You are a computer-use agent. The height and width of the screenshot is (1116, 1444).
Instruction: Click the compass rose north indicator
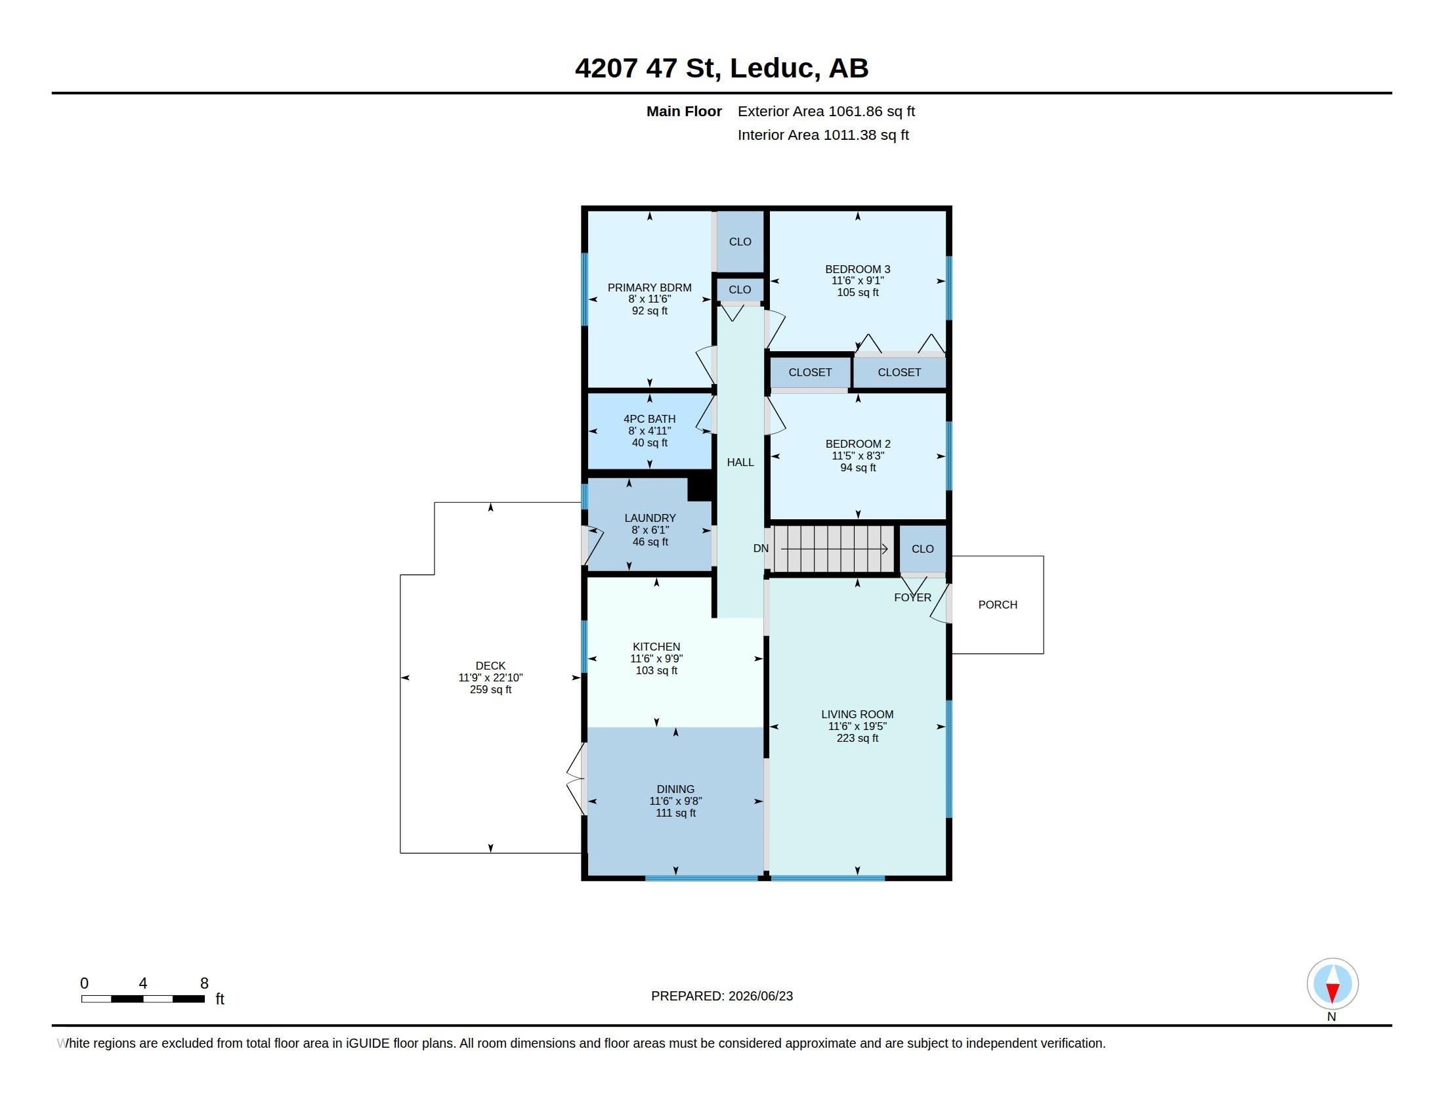pyautogui.click(x=1332, y=984)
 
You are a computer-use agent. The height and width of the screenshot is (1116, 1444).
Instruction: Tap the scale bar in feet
pyautogui.click(x=143, y=999)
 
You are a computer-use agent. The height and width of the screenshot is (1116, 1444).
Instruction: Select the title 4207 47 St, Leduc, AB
pyautogui.click(x=721, y=68)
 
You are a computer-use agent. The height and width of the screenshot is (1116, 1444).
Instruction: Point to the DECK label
pyautogui.click(x=490, y=666)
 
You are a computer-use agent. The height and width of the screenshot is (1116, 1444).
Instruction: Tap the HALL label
pyautogui.click(x=740, y=462)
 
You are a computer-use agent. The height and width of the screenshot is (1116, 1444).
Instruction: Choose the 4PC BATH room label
pyautogui.click(x=649, y=419)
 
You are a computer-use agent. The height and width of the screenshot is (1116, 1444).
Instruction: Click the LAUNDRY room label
pyautogui.click(x=650, y=519)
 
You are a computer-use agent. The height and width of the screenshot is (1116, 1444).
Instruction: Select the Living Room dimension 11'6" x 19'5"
pyautogui.click(x=858, y=726)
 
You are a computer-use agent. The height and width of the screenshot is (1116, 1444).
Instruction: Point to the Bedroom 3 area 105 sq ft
pyautogui.click(x=858, y=292)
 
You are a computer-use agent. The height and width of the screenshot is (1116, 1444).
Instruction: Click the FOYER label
pyautogui.click(x=912, y=597)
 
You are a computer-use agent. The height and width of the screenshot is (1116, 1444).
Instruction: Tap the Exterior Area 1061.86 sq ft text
pyautogui.click(x=826, y=112)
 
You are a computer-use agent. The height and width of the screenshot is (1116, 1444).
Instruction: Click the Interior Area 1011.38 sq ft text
pyautogui.click(x=823, y=135)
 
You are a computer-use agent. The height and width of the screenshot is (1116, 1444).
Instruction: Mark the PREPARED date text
pyautogui.click(x=722, y=997)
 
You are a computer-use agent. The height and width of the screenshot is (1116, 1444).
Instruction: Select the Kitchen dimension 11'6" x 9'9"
pyautogui.click(x=656, y=658)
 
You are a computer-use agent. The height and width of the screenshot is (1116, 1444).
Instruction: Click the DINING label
pyautogui.click(x=675, y=789)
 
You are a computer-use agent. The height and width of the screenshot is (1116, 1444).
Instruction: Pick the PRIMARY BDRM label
pyautogui.click(x=649, y=288)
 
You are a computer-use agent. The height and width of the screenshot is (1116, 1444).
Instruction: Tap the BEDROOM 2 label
pyautogui.click(x=859, y=444)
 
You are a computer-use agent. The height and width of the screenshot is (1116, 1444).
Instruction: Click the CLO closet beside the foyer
pyautogui.click(x=922, y=549)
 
